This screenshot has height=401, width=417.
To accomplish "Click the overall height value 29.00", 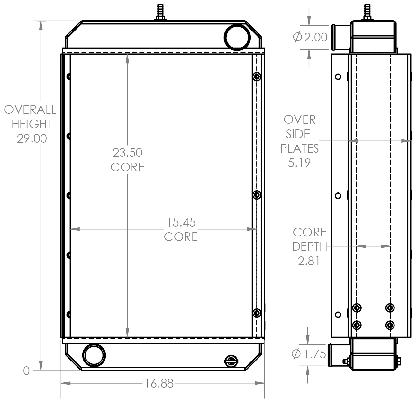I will [x=32, y=138].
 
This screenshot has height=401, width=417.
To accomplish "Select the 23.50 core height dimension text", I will [x=127, y=153].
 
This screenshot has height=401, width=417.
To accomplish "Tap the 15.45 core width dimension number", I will [x=181, y=222].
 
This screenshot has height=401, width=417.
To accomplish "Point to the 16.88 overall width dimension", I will [x=159, y=383].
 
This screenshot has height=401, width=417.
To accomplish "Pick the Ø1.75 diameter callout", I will [x=309, y=354].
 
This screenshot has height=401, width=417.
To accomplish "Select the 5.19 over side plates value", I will [x=299, y=163].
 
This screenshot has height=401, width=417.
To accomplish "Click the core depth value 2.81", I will [x=309, y=261].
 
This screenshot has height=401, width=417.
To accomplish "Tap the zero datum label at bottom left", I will [x=26, y=371].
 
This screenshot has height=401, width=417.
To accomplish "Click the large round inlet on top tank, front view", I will [x=237, y=37].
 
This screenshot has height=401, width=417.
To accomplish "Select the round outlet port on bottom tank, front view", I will [x=94, y=355].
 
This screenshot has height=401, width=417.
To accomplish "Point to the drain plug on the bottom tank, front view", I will [x=231, y=361].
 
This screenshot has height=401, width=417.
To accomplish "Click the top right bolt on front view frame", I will [x=257, y=76].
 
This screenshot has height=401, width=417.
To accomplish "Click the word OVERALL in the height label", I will [x=30, y=110].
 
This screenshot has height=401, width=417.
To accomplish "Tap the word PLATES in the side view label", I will [x=299, y=148].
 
